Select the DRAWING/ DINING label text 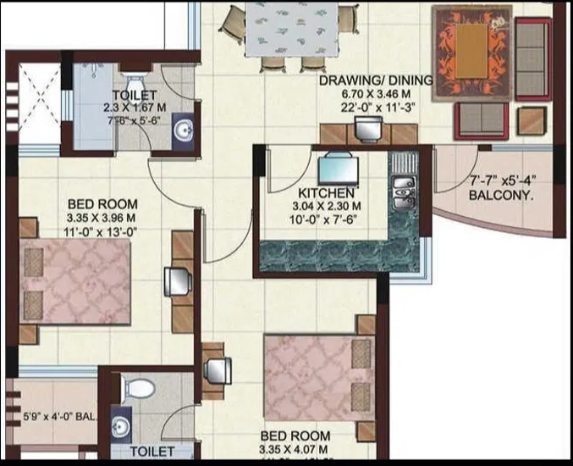click(x=376, y=81)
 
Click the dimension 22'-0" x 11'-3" click(x=376, y=108)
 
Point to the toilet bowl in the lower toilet click(x=138, y=389)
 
